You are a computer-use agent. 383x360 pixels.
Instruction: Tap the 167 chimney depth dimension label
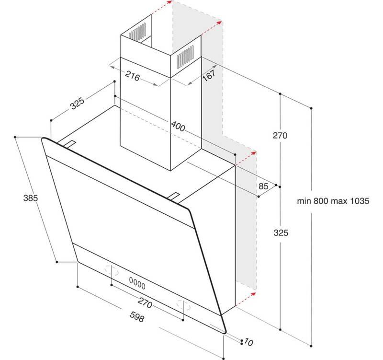pyautogui.click(x=207, y=75)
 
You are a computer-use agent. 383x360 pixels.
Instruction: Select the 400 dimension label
pyautogui.click(x=178, y=127)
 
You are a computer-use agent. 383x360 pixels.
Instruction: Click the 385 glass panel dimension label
pyautogui.click(x=30, y=197)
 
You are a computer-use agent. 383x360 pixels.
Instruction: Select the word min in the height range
pyautogui.click(x=304, y=202)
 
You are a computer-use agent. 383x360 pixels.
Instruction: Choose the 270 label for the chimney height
pyautogui.click(x=280, y=136)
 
